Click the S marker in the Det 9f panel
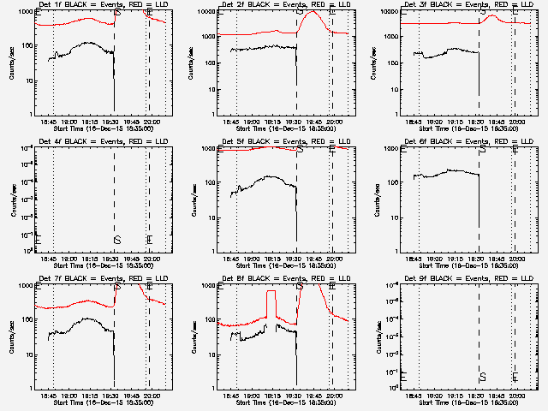coord(483,376)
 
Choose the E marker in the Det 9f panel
coord(515,376)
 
